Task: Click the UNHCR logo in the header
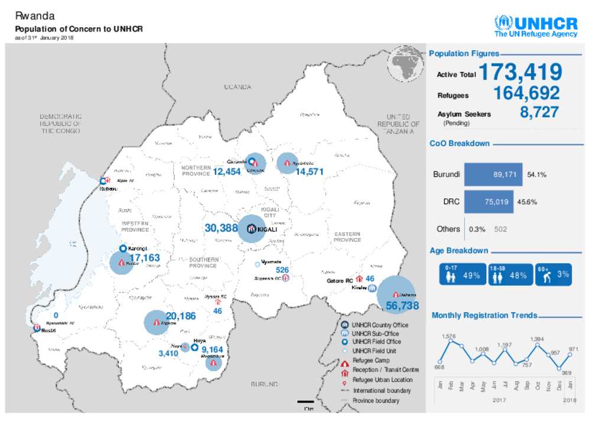point(535,27)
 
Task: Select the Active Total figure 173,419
point(520,73)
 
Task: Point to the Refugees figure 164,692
point(526,93)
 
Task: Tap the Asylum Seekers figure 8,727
point(539,112)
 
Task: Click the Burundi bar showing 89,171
point(493,175)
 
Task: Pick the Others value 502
point(500,229)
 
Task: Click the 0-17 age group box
point(463,275)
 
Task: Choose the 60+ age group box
point(553,275)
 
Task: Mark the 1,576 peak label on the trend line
point(449,336)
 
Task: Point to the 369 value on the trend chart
point(566,372)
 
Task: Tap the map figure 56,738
point(402,306)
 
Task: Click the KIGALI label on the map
point(267,229)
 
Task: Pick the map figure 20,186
point(180,316)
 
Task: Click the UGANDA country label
point(238,87)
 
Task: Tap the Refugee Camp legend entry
point(370,360)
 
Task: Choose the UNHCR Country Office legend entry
point(379,325)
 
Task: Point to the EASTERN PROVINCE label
point(347,236)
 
